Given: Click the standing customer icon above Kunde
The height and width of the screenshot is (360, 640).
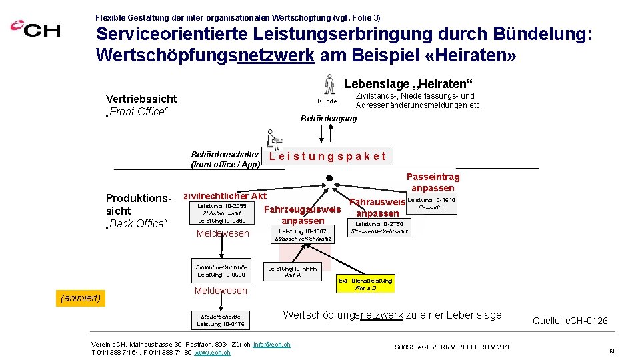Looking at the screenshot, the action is pos(328,85).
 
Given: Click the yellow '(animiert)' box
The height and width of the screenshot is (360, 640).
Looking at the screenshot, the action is pos(81,298).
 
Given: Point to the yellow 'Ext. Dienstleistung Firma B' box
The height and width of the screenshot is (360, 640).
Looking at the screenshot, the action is pos(365,284).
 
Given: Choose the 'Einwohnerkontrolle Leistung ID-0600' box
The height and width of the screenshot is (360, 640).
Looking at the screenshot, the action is pos(221,271).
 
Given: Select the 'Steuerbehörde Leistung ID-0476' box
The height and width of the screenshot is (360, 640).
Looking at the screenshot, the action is pos(221,320).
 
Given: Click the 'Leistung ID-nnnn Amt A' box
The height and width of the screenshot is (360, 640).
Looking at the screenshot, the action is pos(293,271).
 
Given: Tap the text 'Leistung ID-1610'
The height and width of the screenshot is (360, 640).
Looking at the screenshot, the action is pos(431,200).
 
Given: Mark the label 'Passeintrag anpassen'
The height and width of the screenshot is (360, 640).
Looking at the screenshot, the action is pos(433,183).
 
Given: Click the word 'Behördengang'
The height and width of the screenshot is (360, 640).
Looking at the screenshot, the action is pos(329,118).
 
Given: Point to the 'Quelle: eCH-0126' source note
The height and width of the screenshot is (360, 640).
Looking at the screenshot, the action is pos(570,321).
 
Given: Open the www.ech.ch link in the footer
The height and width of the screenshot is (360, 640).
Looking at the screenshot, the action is pos(212,352).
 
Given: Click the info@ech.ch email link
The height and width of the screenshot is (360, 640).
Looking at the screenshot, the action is pos(271,345).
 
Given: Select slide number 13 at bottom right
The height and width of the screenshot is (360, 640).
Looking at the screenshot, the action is pos(610,350).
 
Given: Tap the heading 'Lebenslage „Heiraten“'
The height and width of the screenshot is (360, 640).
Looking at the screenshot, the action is pos(408,84).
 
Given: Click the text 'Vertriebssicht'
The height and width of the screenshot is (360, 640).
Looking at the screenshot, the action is pos(141,99).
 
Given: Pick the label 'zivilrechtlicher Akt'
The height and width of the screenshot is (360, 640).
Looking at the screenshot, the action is pos(225,196).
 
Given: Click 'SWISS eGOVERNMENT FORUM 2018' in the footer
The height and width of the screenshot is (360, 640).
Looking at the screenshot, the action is pos(453,347).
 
